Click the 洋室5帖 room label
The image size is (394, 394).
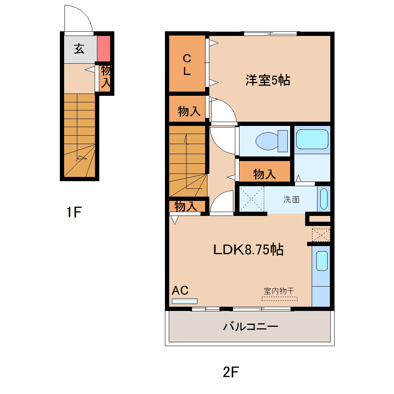pos(268,80)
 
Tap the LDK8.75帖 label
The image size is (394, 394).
pos(248,250)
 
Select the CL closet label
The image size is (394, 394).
pos(187,65)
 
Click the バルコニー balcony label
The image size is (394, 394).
pos(250,327)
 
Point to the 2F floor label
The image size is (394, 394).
pos(231,372)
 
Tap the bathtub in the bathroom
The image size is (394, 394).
pos(312,139)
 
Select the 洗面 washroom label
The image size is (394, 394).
pos(292,200)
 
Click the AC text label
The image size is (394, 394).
pos(180,290)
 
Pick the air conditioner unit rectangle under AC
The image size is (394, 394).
pos(184,301)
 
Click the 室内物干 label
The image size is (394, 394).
pos(279,291)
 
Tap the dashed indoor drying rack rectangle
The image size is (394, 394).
pos(280,298)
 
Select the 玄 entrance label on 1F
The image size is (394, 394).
pos(79,49)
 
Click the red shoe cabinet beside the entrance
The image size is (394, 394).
pos(104,48)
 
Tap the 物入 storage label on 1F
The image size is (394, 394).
pos(106,77)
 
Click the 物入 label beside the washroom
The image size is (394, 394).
pos(265,174)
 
